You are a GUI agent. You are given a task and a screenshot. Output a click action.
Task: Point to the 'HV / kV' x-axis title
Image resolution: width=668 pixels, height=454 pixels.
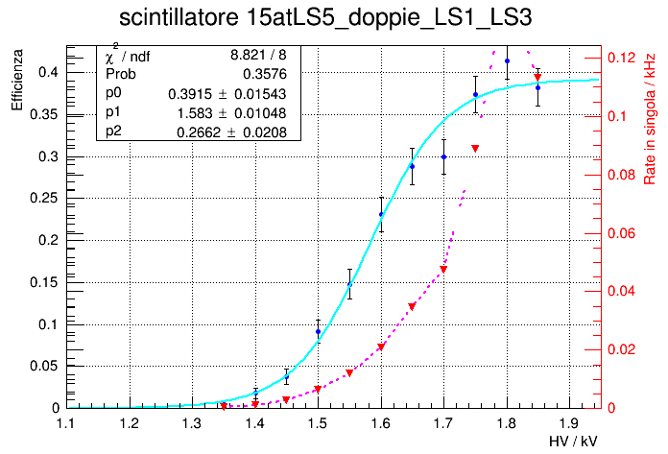[x=574, y=440]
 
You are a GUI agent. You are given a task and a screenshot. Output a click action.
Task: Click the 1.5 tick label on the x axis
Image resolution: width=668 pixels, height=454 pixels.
[x=318, y=422]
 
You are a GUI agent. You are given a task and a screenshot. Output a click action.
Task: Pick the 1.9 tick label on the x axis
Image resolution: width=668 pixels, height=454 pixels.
[x=570, y=422]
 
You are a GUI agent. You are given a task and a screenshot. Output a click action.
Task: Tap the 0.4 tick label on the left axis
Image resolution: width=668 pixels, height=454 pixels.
[x=48, y=72]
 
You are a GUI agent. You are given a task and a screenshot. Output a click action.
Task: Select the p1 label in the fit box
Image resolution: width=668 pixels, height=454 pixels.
[x=114, y=112]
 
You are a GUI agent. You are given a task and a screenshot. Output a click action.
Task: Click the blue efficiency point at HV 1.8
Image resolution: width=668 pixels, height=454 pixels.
[x=507, y=61]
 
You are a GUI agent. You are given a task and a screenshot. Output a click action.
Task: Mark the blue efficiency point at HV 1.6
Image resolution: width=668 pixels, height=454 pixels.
[x=381, y=215]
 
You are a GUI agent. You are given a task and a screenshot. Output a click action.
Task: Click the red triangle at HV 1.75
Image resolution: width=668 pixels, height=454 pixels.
[x=475, y=148]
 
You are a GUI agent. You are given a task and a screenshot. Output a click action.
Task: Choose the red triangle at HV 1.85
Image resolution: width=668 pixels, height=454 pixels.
[x=538, y=77]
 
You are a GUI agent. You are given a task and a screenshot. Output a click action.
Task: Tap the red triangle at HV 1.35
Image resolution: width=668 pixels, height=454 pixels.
[x=224, y=406]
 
